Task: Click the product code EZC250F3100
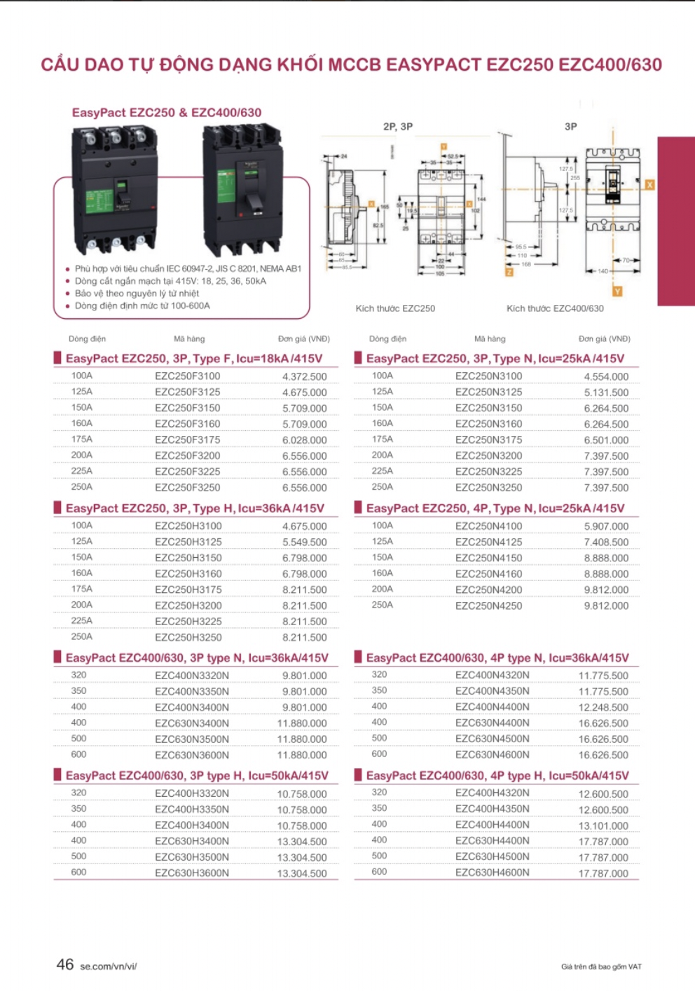click(187, 376)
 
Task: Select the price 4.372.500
click(304, 377)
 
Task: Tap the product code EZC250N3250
click(488, 488)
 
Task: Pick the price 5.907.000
click(606, 526)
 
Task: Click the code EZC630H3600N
click(191, 873)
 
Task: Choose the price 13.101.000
click(603, 826)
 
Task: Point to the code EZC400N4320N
click(492, 676)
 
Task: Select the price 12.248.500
click(603, 708)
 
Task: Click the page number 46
click(65, 965)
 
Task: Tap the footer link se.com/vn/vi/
click(108, 967)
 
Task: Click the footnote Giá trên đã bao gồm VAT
click(601, 967)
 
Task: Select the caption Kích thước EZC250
click(395, 308)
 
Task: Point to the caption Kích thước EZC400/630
click(555, 308)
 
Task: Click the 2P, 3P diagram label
click(397, 127)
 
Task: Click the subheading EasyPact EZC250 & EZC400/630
click(167, 113)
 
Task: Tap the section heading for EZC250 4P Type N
click(495, 508)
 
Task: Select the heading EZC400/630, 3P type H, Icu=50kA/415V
click(197, 776)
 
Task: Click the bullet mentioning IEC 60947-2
click(188, 268)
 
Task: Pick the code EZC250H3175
click(188, 590)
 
